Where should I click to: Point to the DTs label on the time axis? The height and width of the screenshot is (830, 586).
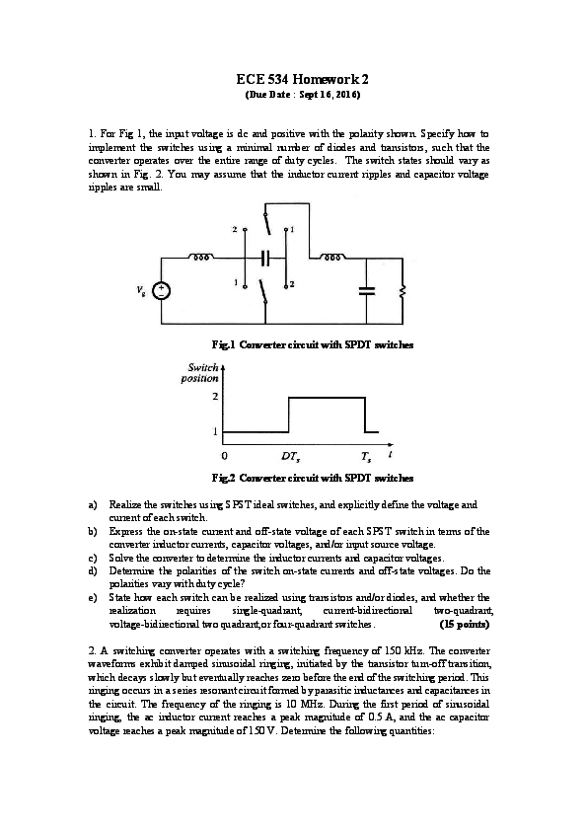click(x=290, y=457)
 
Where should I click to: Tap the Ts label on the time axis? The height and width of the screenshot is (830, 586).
click(x=365, y=457)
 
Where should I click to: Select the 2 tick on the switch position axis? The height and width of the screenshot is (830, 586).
click(x=216, y=397)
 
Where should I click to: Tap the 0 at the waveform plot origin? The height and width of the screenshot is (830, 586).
click(x=225, y=457)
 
